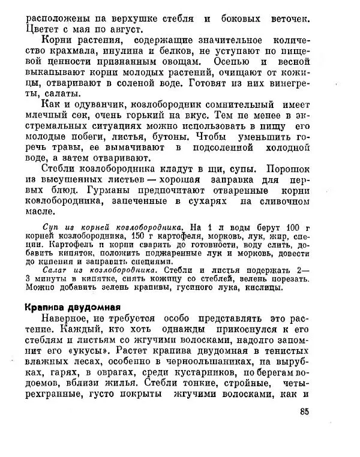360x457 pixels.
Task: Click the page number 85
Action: pyautogui.click(x=303, y=411)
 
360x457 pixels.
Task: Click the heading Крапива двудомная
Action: pyautogui.click(x=74, y=305)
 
